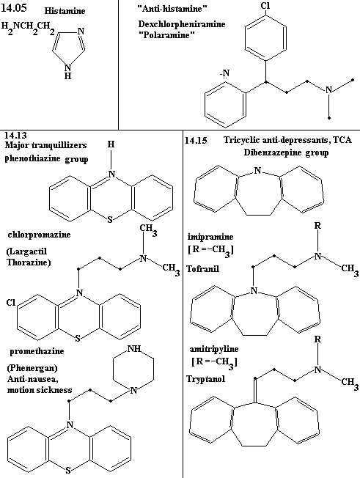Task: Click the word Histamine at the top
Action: pos(65,11)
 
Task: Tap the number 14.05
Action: pos(14,7)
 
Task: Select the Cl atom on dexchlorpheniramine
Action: pos(265,5)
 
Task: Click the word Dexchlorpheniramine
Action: pos(182,23)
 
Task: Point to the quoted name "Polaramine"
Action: pos(166,34)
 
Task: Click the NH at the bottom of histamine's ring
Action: pos(67,71)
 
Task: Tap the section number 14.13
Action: pos(15,135)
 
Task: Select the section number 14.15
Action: pos(196,140)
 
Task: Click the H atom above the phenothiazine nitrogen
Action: pos(111,144)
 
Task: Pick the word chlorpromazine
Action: pos(39,235)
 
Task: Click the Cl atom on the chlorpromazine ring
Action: pos(11,303)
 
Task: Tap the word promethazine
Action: pos(37,351)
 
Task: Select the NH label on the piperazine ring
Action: pos(134,349)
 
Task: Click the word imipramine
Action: pos(210,237)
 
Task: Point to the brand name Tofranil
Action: pos(202,269)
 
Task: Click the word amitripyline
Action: pos(214,349)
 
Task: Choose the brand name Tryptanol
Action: pos(206,379)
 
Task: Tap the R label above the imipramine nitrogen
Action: pos(317,226)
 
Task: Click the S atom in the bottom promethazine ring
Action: pos(68,470)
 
